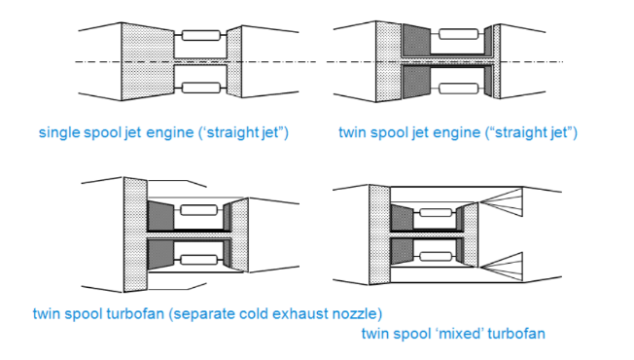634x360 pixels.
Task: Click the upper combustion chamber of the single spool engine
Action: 202,36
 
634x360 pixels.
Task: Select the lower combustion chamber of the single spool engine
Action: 202,90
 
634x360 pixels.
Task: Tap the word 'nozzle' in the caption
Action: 352,314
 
